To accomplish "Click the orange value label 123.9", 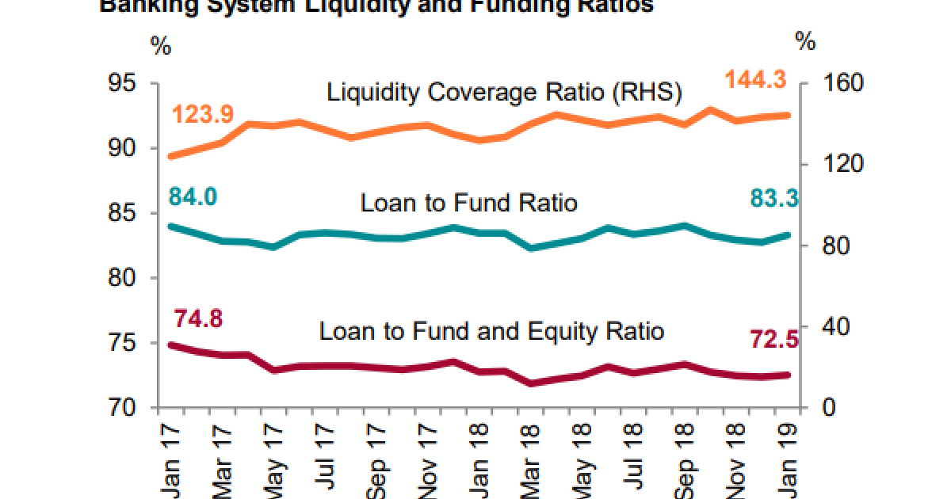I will pyautogui.click(x=202, y=114).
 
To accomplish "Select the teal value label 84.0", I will pyautogui.click(x=193, y=196).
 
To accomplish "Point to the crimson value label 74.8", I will pyautogui.click(x=198, y=318).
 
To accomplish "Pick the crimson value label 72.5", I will pyautogui.click(x=773, y=340).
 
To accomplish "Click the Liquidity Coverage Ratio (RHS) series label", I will pyautogui.click(x=504, y=93).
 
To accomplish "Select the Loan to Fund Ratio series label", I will pyautogui.click(x=468, y=203).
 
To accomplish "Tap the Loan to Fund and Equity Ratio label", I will pyautogui.click(x=491, y=330).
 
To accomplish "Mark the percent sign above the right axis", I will pyautogui.click(x=805, y=42).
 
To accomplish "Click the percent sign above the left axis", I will pyautogui.click(x=161, y=46).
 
